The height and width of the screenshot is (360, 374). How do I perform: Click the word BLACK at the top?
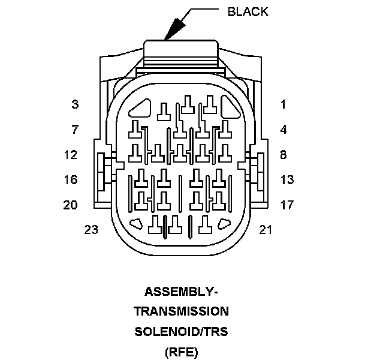[x=248, y=11]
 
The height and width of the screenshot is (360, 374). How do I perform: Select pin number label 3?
[x=75, y=104]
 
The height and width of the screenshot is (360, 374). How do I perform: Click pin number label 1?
[x=283, y=104]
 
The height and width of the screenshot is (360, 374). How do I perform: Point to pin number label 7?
[x=75, y=129]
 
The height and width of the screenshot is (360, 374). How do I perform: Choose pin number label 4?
[x=283, y=129]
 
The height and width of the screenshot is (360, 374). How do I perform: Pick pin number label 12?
[x=71, y=155]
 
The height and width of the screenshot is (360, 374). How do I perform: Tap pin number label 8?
[x=283, y=155]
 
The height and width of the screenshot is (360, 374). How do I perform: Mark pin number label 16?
[x=71, y=179]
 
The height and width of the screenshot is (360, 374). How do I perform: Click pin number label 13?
[x=286, y=179]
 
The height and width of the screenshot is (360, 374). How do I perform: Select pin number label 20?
[x=71, y=205]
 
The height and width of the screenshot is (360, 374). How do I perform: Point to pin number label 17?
[x=286, y=205]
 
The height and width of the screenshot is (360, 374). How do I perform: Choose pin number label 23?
[x=91, y=229]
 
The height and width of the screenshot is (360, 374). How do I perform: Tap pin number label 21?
[x=266, y=229]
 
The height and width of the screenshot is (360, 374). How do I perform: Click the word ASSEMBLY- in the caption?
[x=181, y=292]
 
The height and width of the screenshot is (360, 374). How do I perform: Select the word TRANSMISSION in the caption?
[x=181, y=311]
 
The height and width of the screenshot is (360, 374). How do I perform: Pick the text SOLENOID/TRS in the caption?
[x=181, y=331]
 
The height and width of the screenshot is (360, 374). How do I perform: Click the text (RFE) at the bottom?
[x=181, y=351]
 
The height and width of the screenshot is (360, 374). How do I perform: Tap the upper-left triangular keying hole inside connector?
[x=141, y=109]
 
